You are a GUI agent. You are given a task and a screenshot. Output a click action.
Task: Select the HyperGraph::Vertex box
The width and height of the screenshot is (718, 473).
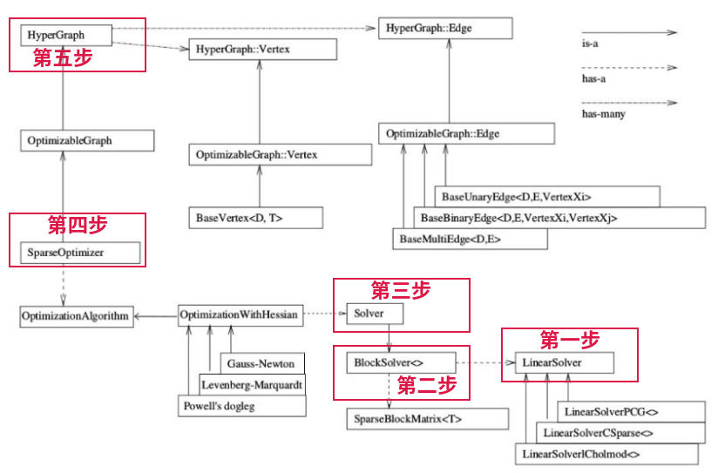tap(262, 50)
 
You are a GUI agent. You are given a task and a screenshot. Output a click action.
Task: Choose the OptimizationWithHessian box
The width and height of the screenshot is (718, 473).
tap(240, 314)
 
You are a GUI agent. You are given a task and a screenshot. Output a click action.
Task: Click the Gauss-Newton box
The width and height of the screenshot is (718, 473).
tap(262, 363)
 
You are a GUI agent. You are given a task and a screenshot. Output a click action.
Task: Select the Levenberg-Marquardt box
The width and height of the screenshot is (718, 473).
tap(253, 384)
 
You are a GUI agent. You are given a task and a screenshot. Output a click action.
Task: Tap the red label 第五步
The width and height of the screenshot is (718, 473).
tap(62, 59)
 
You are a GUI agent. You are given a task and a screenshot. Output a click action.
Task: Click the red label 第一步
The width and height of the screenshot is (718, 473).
tap(570, 340)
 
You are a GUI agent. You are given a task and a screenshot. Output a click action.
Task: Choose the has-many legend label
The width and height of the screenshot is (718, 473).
tap(603, 114)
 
